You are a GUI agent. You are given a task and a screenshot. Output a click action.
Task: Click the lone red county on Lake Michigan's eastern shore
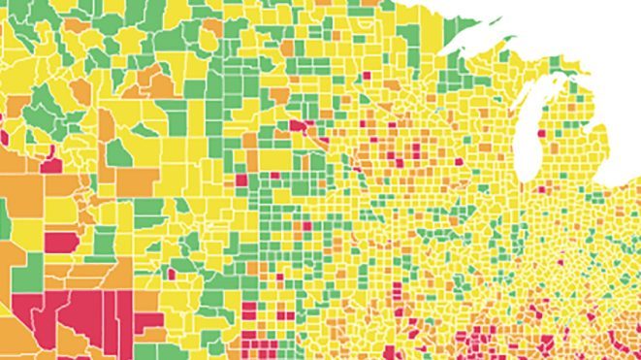tap(554, 133)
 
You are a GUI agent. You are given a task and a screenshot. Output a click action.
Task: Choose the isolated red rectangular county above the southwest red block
tap(61, 242)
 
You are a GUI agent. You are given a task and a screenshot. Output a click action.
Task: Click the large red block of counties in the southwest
tap(87, 315)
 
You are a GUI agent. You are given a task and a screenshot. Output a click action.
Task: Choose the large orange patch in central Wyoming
tap(136, 180)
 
